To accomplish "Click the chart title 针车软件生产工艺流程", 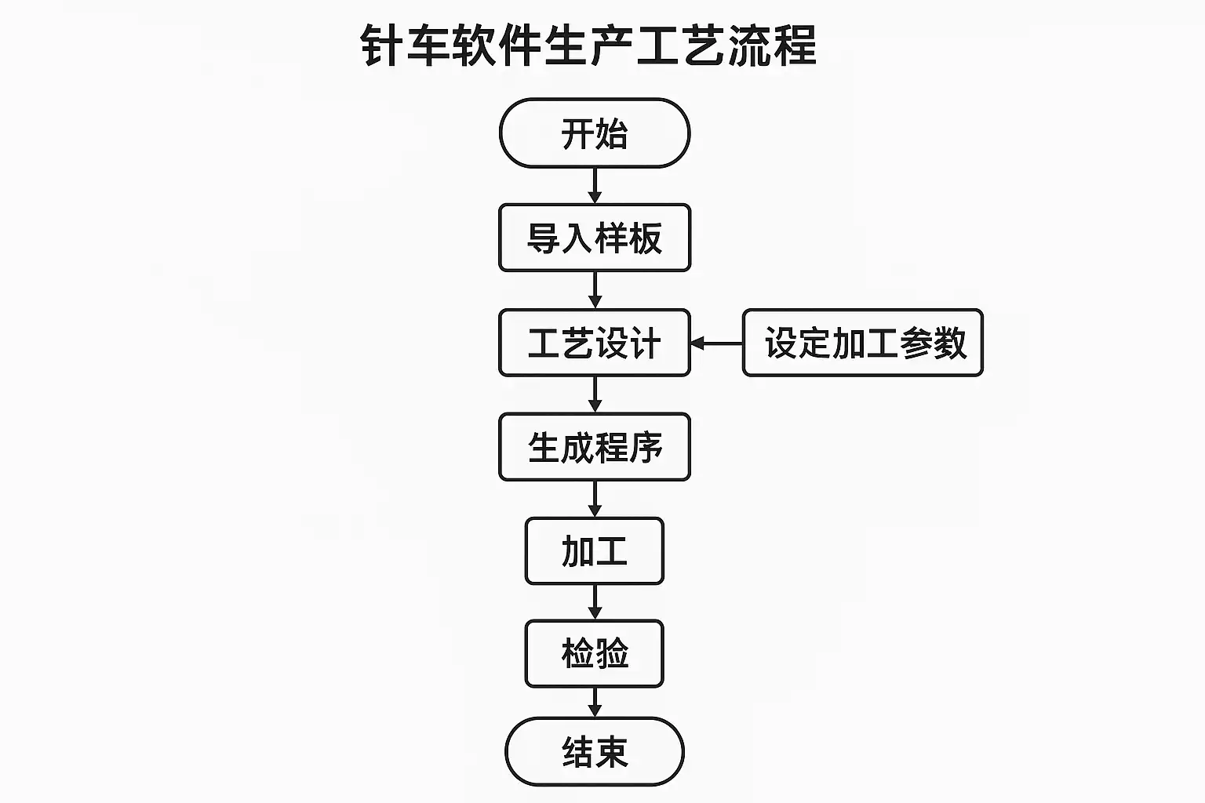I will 589,45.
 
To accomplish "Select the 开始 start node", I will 595,133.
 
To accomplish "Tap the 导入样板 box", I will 595,238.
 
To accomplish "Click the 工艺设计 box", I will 595,343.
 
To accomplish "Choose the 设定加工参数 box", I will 863,343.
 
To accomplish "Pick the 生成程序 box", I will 595,447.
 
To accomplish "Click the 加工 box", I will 595,550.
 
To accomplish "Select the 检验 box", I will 595,653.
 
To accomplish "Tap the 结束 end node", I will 595,751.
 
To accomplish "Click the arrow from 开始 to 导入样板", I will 595,186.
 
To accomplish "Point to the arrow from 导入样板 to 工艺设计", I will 595,290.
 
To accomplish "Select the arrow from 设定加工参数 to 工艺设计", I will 716,343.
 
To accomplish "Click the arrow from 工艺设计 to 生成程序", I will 595,394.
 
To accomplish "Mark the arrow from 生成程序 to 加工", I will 595,499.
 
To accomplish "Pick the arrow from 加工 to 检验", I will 595,602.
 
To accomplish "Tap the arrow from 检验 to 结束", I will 595,702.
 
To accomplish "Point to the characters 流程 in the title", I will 772,45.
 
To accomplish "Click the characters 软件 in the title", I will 497,45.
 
